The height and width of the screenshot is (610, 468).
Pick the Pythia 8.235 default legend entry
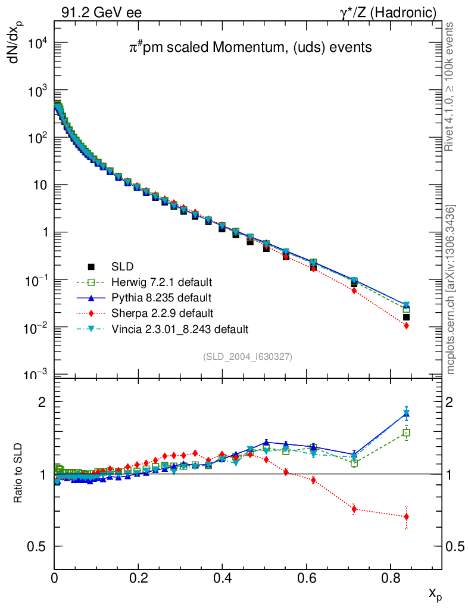(x=156, y=297)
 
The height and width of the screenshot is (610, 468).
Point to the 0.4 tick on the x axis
(x=222, y=577)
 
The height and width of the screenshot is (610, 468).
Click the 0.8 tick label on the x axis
(x=390, y=577)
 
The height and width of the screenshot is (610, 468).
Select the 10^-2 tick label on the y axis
(x=37, y=328)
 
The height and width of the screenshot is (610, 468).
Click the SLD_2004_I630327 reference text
(x=248, y=356)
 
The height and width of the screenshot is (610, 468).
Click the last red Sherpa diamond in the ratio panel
(x=406, y=516)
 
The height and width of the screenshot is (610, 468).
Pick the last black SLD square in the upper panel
(x=406, y=317)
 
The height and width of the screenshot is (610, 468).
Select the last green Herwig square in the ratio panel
(x=407, y=433)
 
